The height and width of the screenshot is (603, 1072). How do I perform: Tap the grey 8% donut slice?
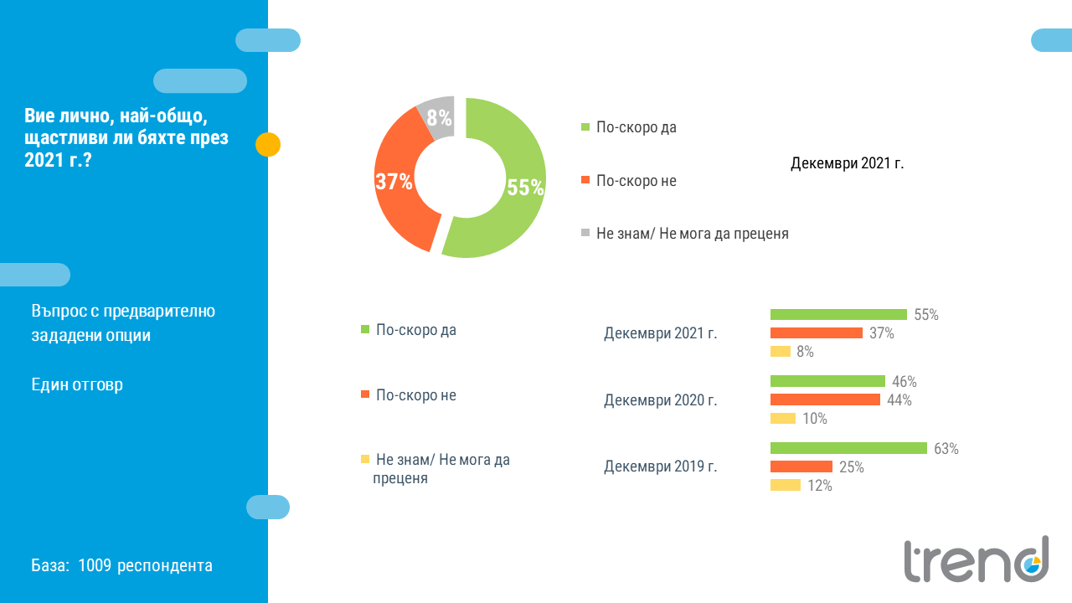tap(438, 117)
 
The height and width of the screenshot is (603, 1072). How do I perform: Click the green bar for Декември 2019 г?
tap(848, 448)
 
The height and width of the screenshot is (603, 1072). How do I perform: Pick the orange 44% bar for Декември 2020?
tap(825, 399)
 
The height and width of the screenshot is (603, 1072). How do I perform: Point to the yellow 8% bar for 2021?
tap(781, 352)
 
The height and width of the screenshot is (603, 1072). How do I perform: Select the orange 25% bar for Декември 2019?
tap(801, 466)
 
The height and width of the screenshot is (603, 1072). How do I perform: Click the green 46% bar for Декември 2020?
tap(827, 381)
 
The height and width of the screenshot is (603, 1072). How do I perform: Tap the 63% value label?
tap(946, 449)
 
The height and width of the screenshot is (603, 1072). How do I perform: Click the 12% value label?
tap(820, 486)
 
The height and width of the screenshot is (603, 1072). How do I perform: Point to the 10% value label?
tap(815, 419)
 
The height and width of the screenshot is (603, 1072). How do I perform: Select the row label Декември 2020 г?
tap(660, 400)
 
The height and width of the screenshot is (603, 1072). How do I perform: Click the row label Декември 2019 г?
tap(660, 466)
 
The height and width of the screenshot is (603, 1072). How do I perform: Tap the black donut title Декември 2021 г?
tap(847, 163)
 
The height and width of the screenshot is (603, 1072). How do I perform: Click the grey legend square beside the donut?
tap(585, 233)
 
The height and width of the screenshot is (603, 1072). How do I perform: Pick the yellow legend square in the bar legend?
tap(365, 459)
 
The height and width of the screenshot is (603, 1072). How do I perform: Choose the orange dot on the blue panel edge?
tap(268, 145)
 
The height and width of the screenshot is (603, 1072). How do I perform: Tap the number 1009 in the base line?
tap(95, 565)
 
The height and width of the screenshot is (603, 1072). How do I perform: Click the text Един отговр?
tap(77, 384)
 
